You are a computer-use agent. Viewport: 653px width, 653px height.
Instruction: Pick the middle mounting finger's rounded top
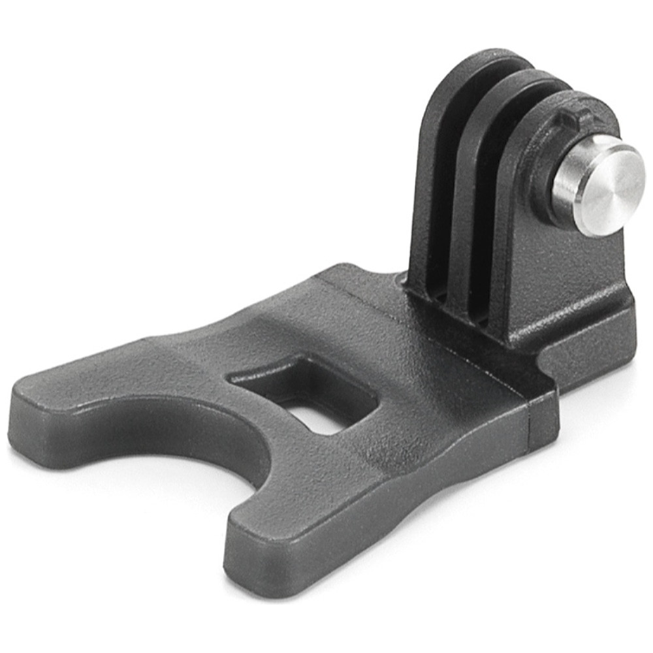(522, 85)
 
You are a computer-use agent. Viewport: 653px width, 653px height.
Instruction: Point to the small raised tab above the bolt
(575, 118)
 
